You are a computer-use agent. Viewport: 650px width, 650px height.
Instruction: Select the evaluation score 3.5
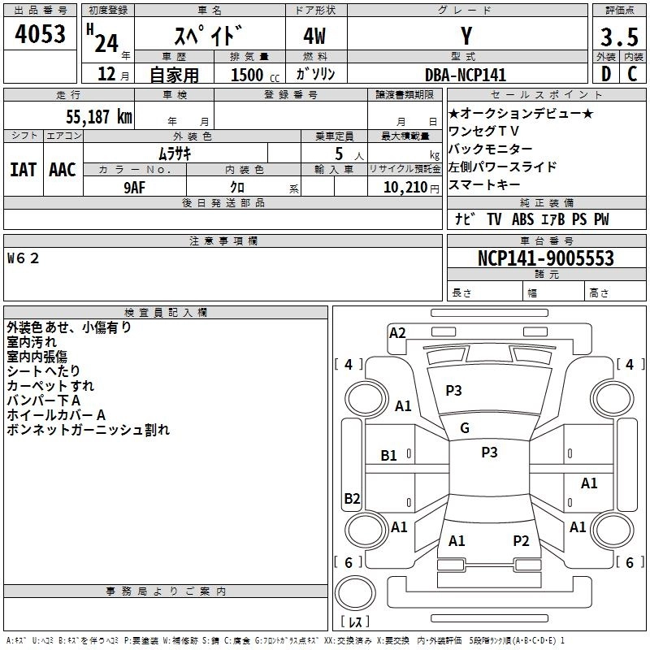click(617, 37)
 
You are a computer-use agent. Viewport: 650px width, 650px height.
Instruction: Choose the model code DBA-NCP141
click(466, 75)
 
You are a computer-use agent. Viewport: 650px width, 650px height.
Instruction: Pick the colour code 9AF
click(135, 187)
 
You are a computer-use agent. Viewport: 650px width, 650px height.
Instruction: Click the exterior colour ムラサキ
click(174, 153)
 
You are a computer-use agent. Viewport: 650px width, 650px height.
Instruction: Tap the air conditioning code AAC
click(62, 170)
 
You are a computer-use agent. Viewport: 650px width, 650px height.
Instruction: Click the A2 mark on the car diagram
click(397, 332)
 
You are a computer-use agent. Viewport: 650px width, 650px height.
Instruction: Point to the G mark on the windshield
click(465, 428)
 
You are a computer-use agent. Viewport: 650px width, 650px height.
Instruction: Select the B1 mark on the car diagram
click(389, 456)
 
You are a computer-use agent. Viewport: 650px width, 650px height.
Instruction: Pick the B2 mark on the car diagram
click(352, 498)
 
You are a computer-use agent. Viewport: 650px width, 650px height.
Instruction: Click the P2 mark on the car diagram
click(521, 540)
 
